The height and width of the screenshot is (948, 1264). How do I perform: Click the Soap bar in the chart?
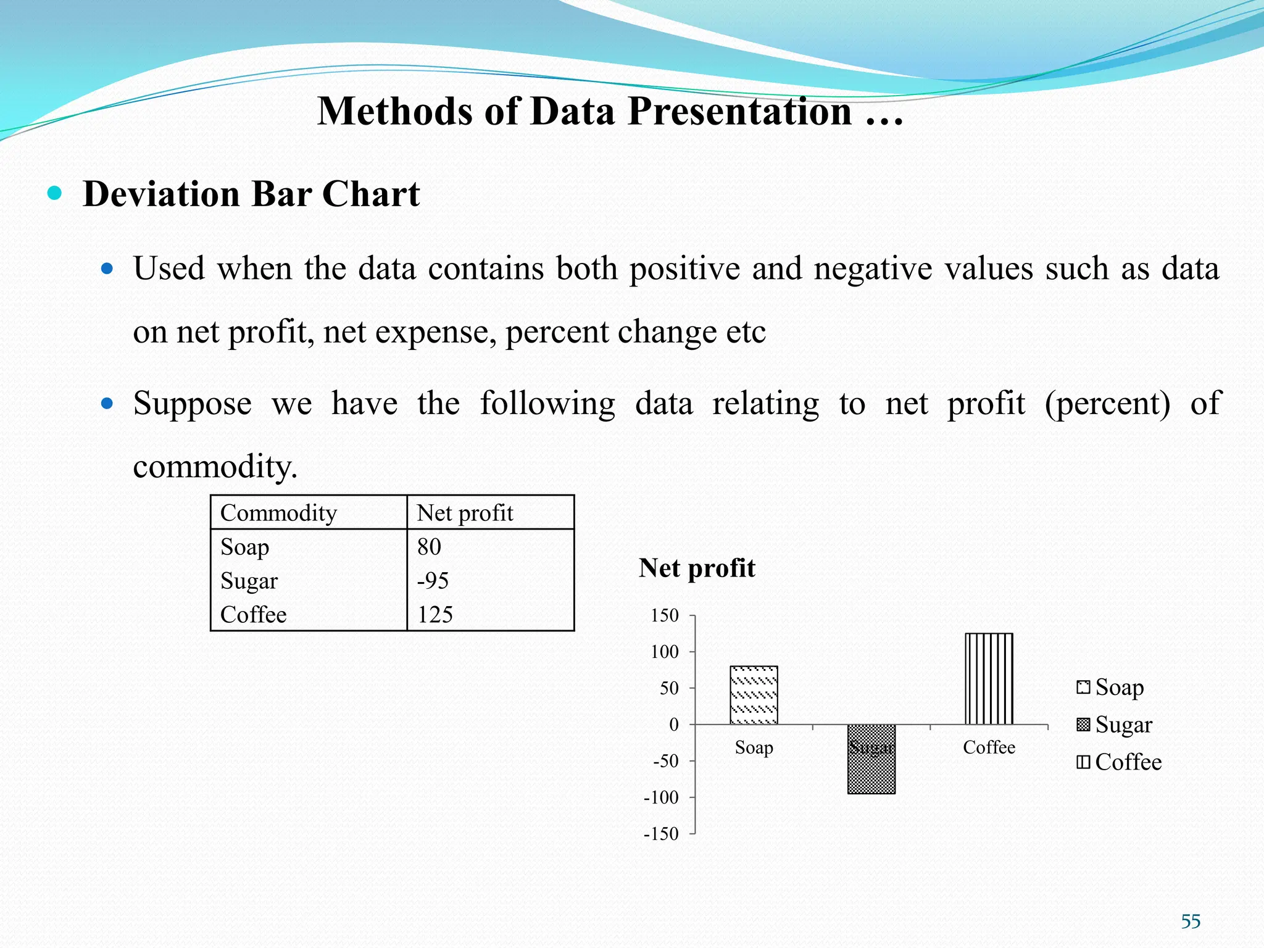[x=754, y=695]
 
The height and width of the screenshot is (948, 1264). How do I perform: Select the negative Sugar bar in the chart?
[x=871, y=765]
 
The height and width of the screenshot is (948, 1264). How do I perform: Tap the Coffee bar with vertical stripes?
[x=989, y=678]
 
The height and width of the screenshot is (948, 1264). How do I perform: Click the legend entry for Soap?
[x=1110, y=687]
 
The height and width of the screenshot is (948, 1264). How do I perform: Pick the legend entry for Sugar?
[x=1114, y=725]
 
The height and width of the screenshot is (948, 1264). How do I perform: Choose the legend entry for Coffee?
[x=1119, y=762]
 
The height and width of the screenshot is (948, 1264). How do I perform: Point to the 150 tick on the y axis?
[x=665, y=615]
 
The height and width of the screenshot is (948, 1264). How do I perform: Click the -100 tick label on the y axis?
[x=661, y=797]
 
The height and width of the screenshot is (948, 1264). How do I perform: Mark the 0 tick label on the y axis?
[x=673, y=725]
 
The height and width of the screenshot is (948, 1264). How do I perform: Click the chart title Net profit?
[x=697, y=568]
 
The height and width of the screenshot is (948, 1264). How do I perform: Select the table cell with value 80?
[x=429, y=547]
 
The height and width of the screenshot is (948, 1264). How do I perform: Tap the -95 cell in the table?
[x=432, y=581]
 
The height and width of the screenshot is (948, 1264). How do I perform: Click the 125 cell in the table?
[x=434, y=615]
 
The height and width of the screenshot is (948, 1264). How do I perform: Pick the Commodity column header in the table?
[x=278, y=513]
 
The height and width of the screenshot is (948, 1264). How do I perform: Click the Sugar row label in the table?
[x=249, y=581]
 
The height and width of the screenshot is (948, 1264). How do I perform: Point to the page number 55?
[x=1191, y=921]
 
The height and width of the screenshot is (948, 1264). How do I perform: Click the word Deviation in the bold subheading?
[x=161, y=194]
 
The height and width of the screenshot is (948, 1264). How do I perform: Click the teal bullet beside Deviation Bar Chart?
[x=55, y=193]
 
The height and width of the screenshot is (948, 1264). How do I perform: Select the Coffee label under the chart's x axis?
[x=989, y=747]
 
